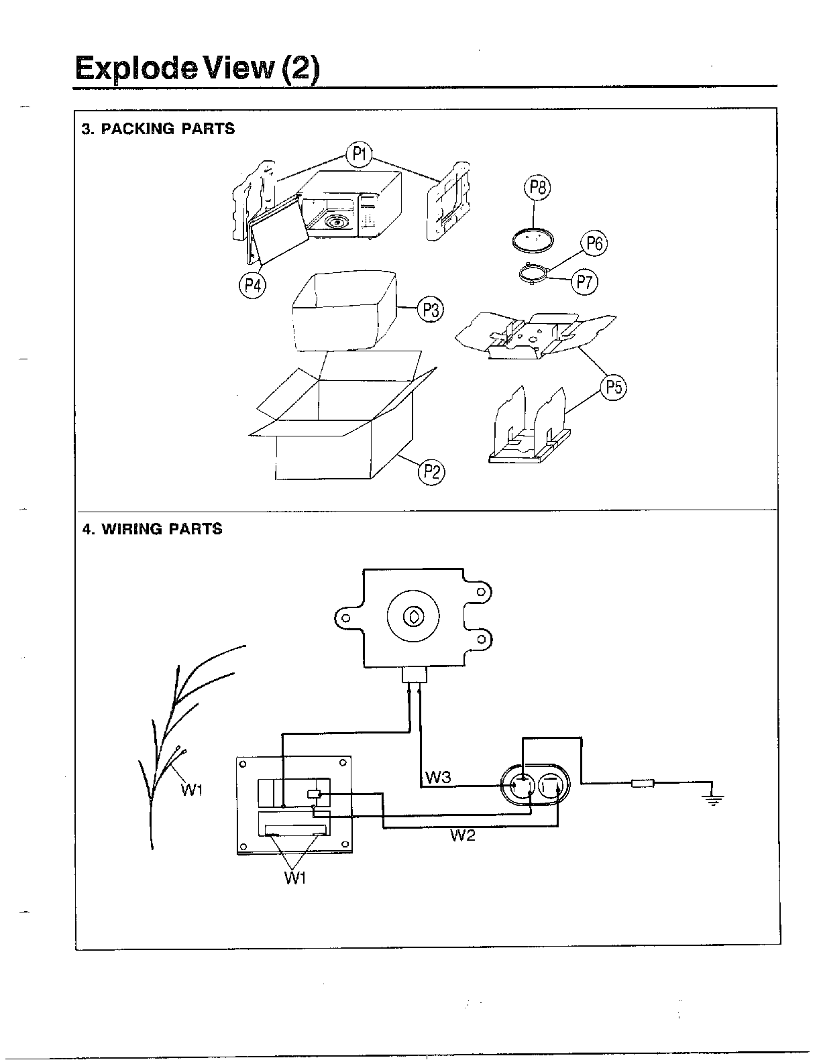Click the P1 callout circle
359,155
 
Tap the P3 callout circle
431,310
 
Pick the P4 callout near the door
252,286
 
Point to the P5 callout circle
613,388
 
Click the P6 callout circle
594,243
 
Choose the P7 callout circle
584,282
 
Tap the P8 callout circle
536,188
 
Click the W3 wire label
438,778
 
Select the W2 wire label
462,835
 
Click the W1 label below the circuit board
294,878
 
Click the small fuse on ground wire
643,782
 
